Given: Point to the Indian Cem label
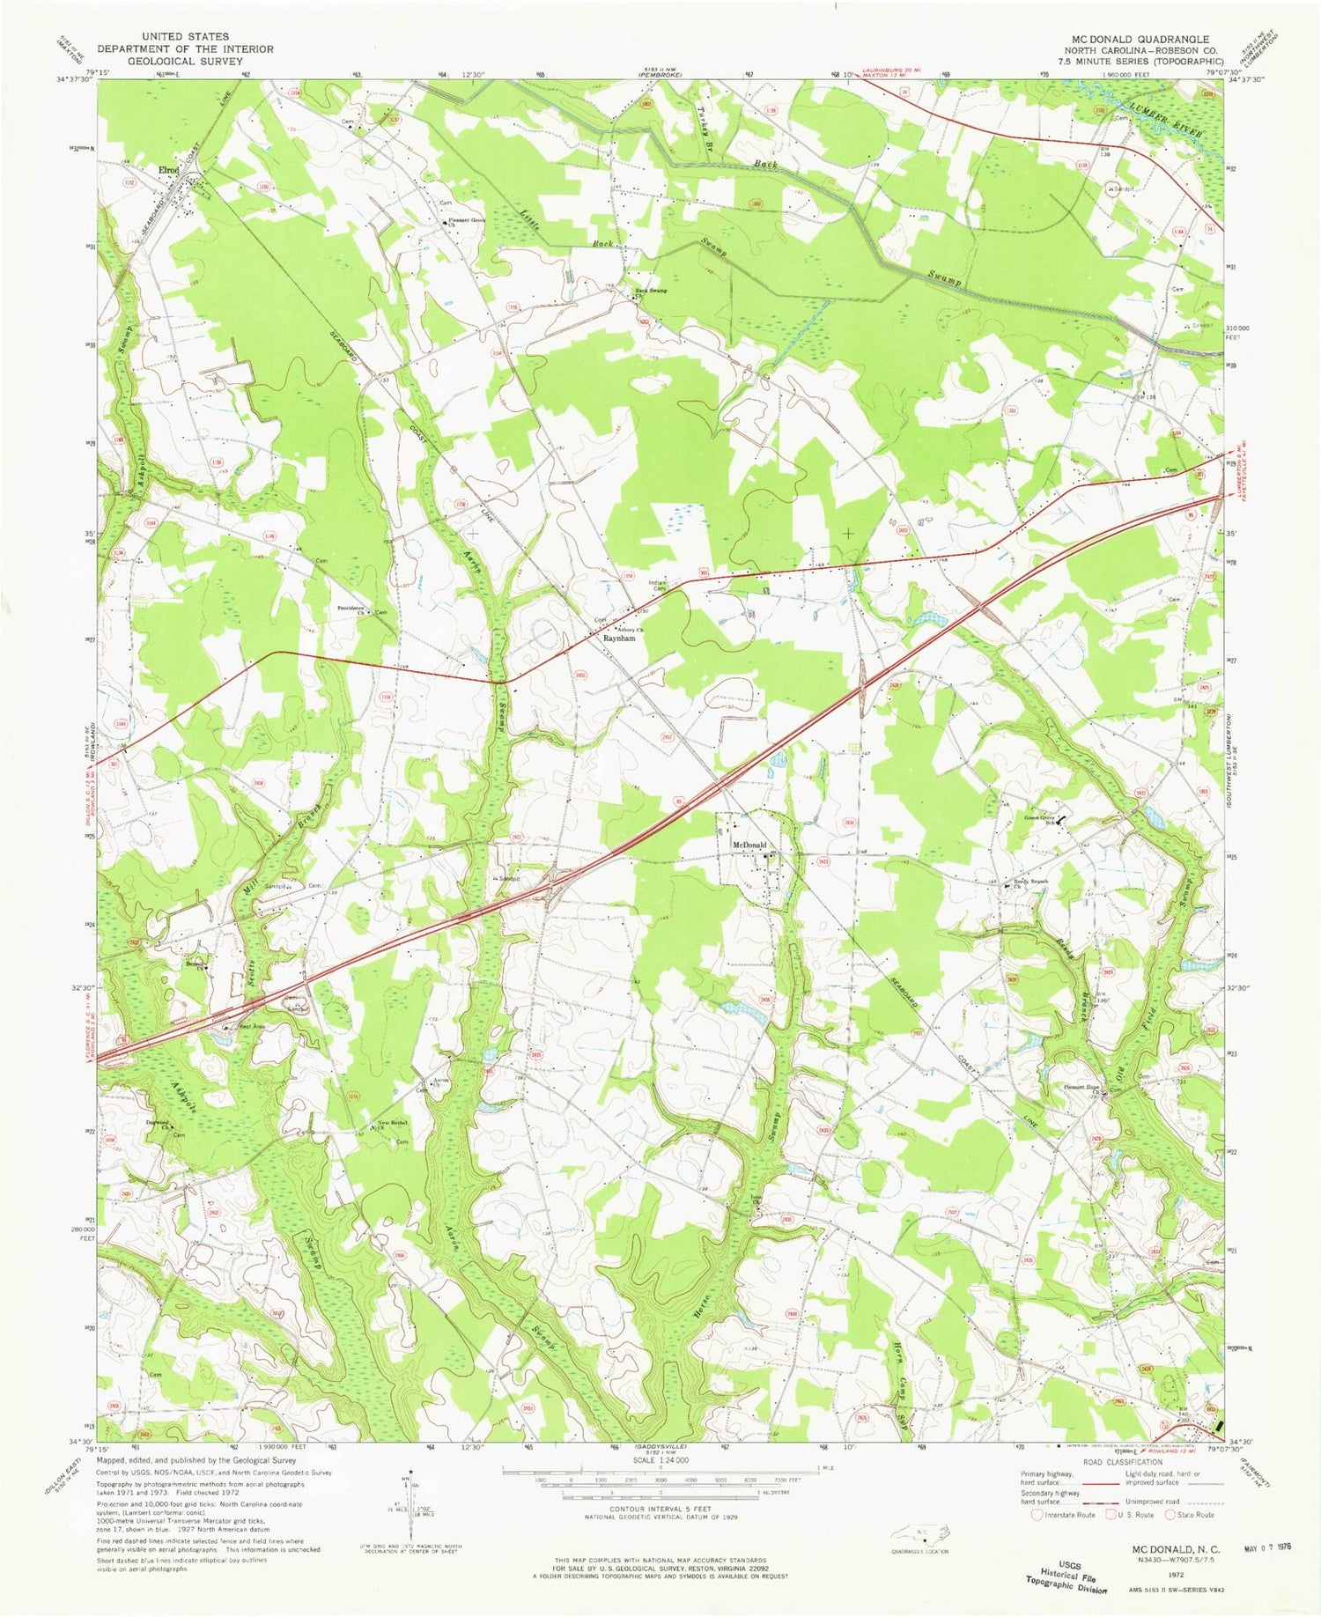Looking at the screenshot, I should point(659,585).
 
